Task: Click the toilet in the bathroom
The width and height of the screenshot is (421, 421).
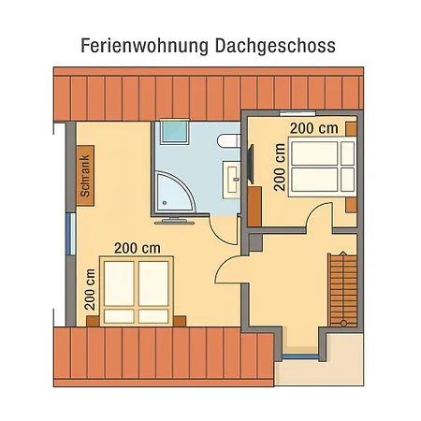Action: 225,141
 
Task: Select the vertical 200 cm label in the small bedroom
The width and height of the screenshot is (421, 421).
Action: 279,167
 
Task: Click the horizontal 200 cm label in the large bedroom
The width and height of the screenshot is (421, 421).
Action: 138,248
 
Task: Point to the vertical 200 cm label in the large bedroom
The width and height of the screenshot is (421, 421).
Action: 90,291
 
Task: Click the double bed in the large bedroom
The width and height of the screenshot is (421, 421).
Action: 137,292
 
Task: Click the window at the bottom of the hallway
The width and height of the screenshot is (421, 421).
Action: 299,356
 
